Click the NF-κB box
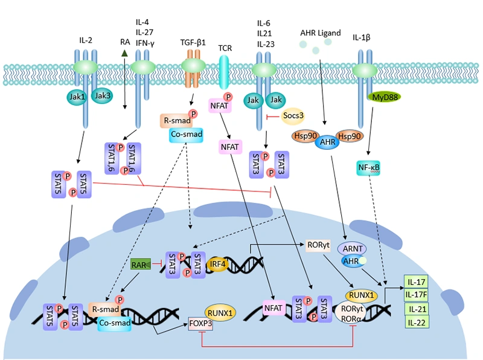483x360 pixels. click(x=368, y=169)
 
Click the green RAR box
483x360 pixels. click(x=140, y=263)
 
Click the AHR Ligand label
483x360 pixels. click(x=320, y=32)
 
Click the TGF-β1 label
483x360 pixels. click(x=193, y=43)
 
